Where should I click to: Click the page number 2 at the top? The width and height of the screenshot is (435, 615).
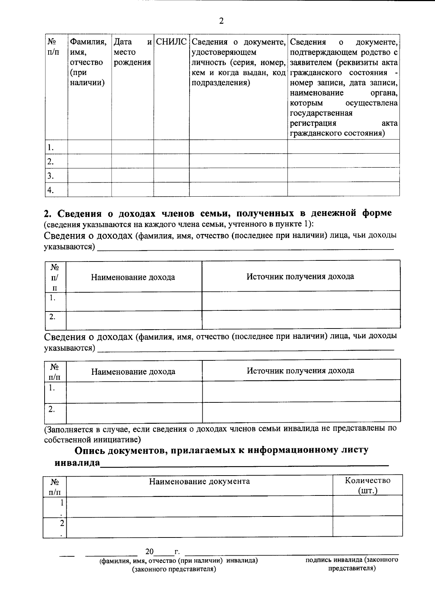221,21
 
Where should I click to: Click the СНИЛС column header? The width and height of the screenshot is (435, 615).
171,42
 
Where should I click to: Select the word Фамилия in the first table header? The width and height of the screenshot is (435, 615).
88,42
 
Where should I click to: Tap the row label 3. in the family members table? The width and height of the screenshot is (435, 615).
51,176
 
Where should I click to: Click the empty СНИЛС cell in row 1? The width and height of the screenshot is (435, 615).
171,147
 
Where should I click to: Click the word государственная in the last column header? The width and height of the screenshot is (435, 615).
321,113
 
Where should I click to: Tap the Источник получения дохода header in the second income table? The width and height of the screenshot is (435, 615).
301,371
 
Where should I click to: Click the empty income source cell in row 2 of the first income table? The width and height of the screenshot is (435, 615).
301,319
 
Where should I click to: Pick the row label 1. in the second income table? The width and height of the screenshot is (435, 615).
52,388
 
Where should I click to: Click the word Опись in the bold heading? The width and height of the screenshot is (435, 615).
90,451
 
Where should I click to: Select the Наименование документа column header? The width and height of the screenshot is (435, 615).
199,481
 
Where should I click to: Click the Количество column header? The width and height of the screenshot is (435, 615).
368,481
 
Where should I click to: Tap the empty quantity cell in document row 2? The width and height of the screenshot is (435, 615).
368,526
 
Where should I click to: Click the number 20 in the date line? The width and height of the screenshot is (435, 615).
149,552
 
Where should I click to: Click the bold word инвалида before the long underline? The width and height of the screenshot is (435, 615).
77,463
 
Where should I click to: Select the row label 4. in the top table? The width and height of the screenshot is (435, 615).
51,190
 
